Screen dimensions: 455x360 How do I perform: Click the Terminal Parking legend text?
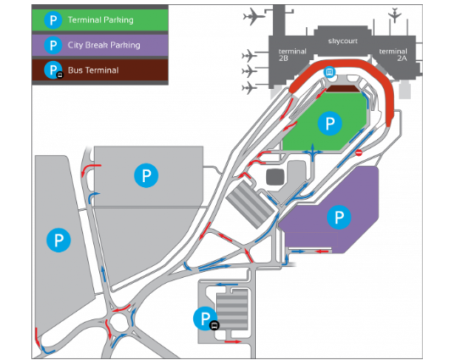[x=100, y=20]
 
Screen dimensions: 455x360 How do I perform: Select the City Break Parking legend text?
[x=104, y=45]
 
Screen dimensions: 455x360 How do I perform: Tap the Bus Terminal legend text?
[x=93, y=70]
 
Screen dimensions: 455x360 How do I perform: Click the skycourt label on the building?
[x=342, y=41]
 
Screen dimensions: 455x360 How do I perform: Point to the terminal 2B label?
[x=292, y=54]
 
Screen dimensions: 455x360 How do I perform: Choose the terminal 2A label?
[x=393, y=54]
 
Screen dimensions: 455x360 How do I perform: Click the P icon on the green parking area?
[x=330, y=124]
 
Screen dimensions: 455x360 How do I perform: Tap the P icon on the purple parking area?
[x=339, y=217]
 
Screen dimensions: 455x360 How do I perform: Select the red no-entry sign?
[x=359, y=152]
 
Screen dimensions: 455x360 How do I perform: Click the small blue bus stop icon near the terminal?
[x=330, y=72]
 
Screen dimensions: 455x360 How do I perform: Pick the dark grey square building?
[x=275, y=177]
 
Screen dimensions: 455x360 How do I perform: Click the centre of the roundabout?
[x=119, y=322]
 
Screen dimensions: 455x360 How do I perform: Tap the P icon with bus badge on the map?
[x=206, y=318]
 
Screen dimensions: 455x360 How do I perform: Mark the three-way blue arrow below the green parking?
[x=313, y=152]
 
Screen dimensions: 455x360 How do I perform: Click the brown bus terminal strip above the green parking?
[x=342, y=88]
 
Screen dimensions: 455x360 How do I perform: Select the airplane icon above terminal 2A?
[x=395, y=14]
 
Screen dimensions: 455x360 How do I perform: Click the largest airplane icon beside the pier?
[x=253, y=17]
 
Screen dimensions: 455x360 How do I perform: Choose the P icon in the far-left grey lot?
[x=58, y=240]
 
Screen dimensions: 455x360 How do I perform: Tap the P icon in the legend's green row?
[x=53, y=20]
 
